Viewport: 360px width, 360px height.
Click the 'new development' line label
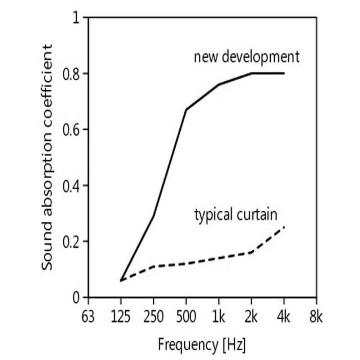(247, 57)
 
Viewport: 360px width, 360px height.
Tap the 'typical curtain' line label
(236, 215)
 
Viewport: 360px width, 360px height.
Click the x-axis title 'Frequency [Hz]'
(202, 345)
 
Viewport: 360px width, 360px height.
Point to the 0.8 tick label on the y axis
(71, 74)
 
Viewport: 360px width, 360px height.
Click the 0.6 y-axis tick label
(71, 130)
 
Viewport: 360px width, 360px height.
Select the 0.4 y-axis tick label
(71, 185)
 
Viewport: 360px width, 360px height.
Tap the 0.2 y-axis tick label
(71, 242)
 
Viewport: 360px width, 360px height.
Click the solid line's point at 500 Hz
(186, 109)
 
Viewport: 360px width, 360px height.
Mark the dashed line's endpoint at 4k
(284, 227)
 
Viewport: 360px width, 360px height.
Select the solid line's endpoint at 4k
(284, 73)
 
